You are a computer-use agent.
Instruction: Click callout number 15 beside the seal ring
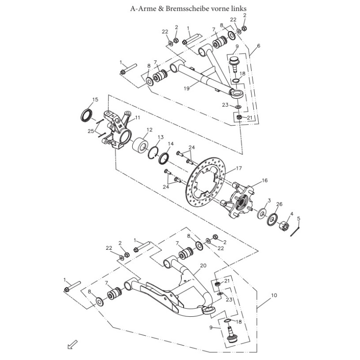coord(95,100)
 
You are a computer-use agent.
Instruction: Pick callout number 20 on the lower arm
coord(203,266)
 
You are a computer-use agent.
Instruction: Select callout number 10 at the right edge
coord(274,296)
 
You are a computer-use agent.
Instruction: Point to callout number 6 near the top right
coord(258,46)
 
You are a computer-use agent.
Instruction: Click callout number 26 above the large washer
coord(279,204)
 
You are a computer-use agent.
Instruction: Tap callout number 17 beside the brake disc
coord(239,169)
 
